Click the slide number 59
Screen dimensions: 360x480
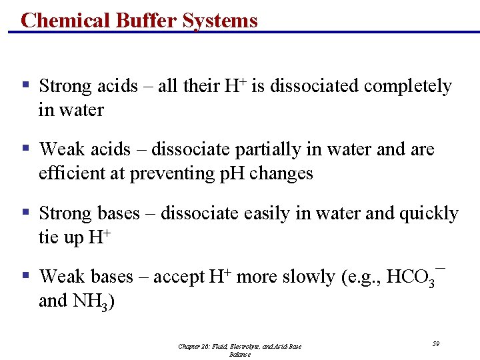[x=436, y=343]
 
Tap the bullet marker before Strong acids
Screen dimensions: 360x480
[x=25, y=85]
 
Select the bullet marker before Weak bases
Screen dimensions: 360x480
[x=25, y=275]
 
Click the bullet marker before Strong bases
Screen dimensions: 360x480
[x=25, y=212]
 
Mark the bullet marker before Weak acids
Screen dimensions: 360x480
[x=25, y=149]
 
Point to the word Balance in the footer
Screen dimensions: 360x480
[x=240, y=355]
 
